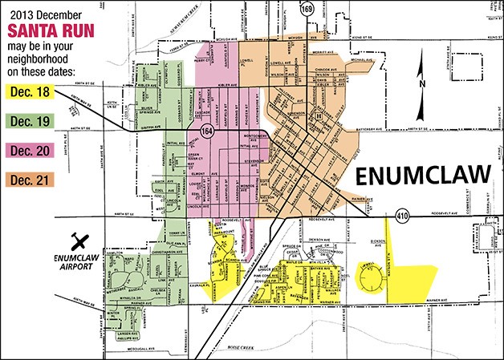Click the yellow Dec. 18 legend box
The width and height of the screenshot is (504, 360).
coord(31,94)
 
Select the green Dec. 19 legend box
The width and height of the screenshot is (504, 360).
coord(31,123)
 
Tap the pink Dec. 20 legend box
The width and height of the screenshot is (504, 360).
coord(31,151)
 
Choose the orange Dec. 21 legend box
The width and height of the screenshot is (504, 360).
coord(31,179)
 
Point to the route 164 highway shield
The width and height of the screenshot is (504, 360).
coord(207,132)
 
